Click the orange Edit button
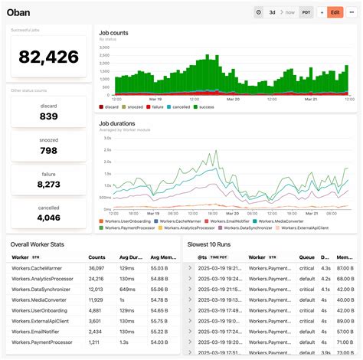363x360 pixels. [x=335, y=12]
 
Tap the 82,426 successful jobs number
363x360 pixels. [x=48, y=56]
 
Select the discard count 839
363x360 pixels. [x=48, y=116]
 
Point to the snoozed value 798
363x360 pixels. [x=48, y=150]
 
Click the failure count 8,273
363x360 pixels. [x=48, y=184]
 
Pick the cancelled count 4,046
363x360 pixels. [x=48, y=218]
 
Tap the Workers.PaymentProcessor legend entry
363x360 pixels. [x=128, y=227]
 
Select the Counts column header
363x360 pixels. [x=96, y=258]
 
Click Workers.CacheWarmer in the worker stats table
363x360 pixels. [x=35, y=268]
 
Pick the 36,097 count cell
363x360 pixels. [x=96, y=268]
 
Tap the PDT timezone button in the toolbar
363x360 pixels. [x=306, y=12]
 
